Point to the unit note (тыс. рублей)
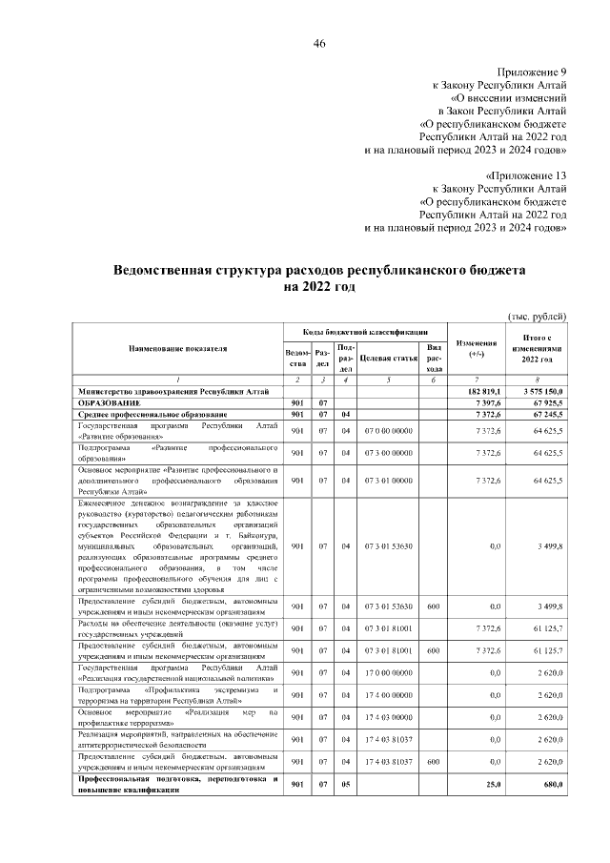[537, 316]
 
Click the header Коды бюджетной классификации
[361, 330]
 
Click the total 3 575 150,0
[541, 392]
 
